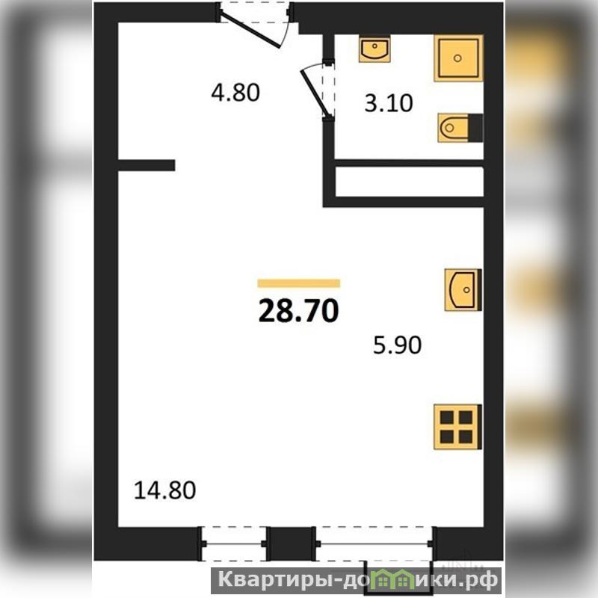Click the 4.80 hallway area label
[x=235, y=93]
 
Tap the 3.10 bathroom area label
[x=388, y=103]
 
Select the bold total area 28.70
[x=298, y=310]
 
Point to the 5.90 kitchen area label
[x=397, y=345]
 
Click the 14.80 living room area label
[x=164, y=490]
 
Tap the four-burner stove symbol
[x=457, y=427]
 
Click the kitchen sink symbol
[x=463, y=290]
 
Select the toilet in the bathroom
[x=460, y=127]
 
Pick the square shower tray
[x=458, y=58]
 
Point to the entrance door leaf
[x=251, y=31]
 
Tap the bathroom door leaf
[x=314, y=93]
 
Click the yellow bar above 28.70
[x=298, y=283]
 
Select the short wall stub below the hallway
[x=147, y=165]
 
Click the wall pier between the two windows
[x=292, y=543]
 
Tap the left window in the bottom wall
[x=234, y=543]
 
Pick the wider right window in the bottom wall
[x=376, y=543]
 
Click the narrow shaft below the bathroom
[x=409, y=182]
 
